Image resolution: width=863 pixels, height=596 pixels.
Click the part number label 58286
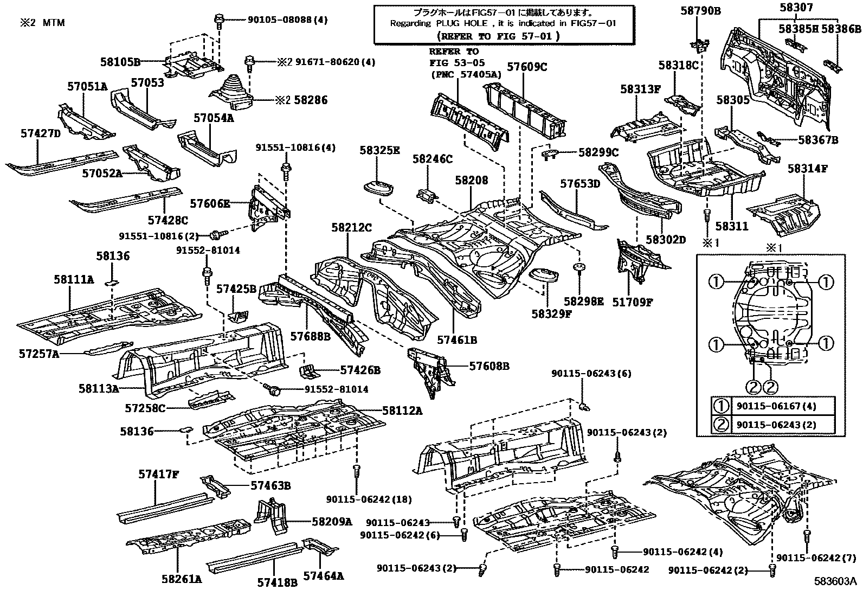[x=311, y=100]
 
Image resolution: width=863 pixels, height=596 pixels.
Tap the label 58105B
[x=120, y=62]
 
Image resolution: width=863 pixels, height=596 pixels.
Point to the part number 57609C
[x=527, y=67]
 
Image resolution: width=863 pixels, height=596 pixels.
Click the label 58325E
[x=379, y=150]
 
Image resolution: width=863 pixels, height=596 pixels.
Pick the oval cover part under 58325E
[x=378, y=188]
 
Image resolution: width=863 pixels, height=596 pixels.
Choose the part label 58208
[x=471, y=181]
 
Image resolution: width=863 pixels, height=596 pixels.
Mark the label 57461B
[x=457, y=340]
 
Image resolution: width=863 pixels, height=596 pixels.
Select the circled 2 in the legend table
[x=722, y=425]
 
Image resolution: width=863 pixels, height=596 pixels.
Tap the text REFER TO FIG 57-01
[x=497, y=36]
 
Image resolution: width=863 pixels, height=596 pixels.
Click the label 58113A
[x=98, y=388]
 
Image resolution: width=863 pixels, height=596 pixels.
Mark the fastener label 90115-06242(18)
[x=369, y=499]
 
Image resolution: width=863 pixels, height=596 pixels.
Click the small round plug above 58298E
[x=579, y=268]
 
